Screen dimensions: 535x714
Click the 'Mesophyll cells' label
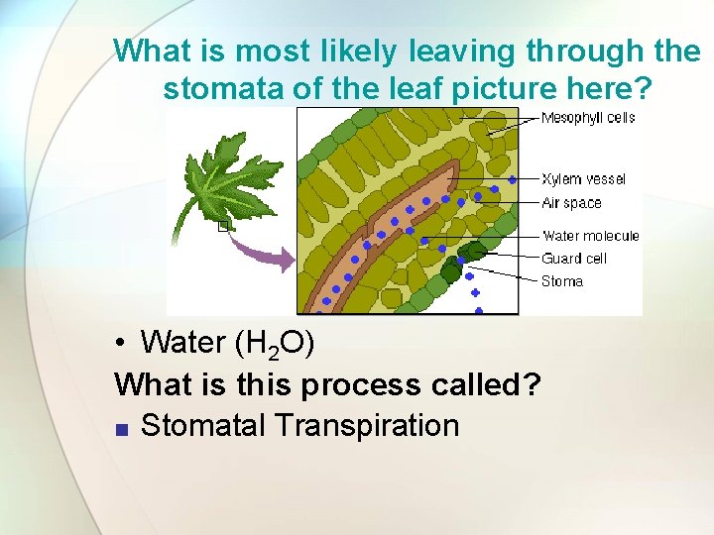tap(588, 118)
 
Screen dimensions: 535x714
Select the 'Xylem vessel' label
tap(583, 179)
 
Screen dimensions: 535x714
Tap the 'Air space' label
tap(571, 202)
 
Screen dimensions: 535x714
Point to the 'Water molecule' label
tap(590, 236)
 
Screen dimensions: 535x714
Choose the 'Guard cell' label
tap(573, 259)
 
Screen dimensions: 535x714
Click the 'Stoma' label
tap(561, 281)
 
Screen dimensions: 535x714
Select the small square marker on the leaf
tap(223, 227)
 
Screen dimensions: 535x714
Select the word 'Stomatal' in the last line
tap(203, 426)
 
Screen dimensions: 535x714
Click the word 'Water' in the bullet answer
tap(182, 343)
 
